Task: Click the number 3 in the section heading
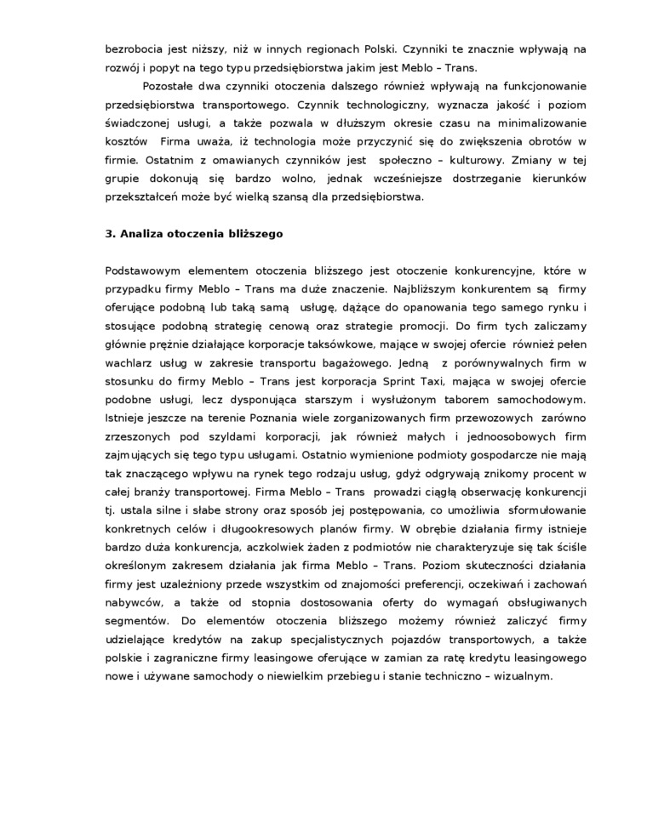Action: tap(109, 233)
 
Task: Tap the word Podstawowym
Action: tap(146, 270)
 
